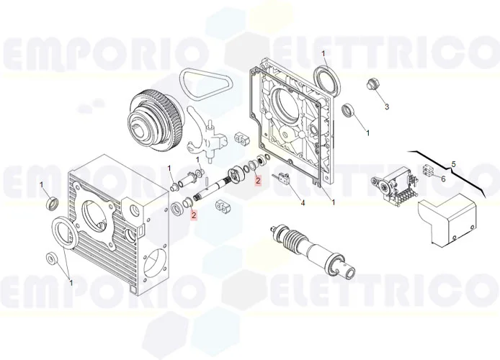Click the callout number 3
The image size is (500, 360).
387,107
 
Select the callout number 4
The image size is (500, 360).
303,202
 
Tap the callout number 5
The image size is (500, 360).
453,164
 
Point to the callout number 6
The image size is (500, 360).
443,179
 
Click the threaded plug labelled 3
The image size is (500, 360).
371,84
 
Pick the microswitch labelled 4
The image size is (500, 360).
280,176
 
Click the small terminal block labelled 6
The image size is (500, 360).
428,170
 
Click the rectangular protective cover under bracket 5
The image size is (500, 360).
447,220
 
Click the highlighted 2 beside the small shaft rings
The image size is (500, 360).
258,181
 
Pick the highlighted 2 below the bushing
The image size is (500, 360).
194,215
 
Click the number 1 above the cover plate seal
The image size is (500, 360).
323,54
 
